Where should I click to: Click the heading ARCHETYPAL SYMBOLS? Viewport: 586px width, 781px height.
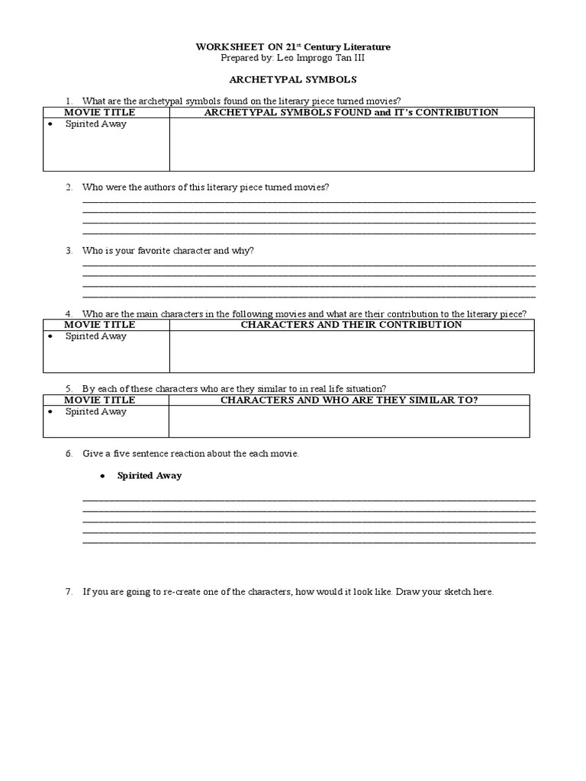coord(293,79)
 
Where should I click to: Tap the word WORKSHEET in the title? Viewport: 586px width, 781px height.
coord(223,47)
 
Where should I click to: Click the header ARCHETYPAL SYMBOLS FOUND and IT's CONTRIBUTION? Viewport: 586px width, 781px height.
coord(351,112)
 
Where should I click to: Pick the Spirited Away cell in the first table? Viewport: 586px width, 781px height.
coord(96,124)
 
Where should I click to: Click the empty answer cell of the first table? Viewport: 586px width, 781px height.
coord(351,144)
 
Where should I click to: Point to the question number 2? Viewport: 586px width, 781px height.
coord(69,188)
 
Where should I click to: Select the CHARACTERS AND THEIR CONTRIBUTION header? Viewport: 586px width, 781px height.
coord(351,324)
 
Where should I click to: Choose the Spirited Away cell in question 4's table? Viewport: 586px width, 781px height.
coord(96,336)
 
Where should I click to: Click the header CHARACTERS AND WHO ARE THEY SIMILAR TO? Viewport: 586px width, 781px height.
coord(349,400)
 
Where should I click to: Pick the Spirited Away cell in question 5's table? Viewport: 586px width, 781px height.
coord(96,412)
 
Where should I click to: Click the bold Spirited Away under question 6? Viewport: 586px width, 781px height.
coord(150,475)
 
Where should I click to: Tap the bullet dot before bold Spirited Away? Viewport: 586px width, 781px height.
coord(101,476)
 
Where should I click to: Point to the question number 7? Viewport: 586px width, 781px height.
coord(69,592)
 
